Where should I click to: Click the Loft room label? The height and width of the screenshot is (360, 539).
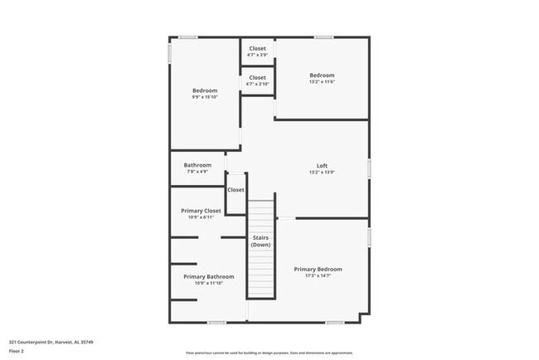[x=323, y=165]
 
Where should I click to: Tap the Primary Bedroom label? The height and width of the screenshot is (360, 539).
[x=318, y=269]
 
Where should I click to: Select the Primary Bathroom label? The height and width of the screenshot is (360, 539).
[x=208, y=276]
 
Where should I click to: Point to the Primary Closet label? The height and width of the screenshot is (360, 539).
[x=201, y=211]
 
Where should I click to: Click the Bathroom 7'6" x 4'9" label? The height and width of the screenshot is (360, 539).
[x=197, y=165]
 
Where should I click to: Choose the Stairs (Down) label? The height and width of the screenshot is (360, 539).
[x=261, y=241]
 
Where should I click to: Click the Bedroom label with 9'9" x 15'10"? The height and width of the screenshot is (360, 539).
[x=205, y=90]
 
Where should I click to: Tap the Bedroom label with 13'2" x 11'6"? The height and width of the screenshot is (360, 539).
[x=322, y=75]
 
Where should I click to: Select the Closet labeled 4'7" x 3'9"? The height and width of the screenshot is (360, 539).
[x=257, y=48]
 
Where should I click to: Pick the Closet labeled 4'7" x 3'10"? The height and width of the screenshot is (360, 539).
[x=257, y=77]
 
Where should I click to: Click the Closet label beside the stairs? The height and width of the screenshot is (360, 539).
[x=236, y=190]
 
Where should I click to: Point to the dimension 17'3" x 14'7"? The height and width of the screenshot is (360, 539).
[x=318, y=275]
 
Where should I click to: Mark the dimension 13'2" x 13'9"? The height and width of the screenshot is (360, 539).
[x=323, y=172]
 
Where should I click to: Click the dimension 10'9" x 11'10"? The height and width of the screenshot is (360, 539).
[x=208, y=283]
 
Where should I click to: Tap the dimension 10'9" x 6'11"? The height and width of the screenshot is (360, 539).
[x=201, y=217]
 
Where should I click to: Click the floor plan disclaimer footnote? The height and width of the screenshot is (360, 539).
[x=269, y=352]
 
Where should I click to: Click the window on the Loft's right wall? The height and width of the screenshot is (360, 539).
[x=369, y=168]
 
